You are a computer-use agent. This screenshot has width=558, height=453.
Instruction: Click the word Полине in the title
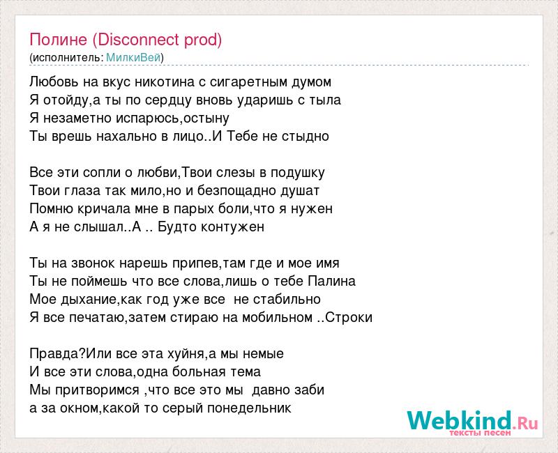click(58, 40)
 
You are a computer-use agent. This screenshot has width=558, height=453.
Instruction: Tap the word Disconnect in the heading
click(138, 40)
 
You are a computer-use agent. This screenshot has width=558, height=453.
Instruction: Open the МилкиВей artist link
click(133, 57)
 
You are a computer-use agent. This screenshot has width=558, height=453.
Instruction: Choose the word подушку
click(298, 173)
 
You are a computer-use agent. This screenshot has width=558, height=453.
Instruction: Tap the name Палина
click(332, 282)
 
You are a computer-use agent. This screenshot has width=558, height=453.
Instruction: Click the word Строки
click(349, 318)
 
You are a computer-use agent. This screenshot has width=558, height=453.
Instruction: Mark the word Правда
click(56, 354)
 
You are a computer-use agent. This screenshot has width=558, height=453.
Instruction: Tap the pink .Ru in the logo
click(525, 423)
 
